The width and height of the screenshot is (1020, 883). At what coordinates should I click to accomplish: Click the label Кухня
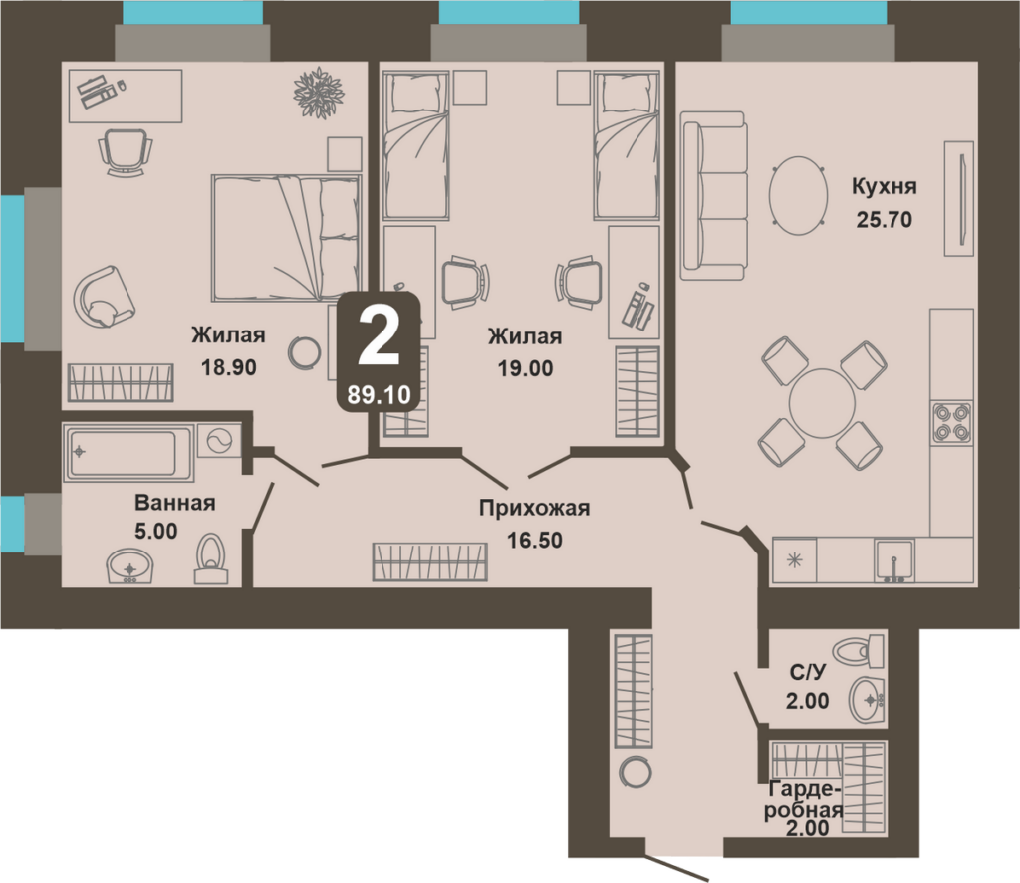coord(885,186)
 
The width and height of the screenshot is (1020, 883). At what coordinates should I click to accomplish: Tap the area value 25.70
coord(885,220)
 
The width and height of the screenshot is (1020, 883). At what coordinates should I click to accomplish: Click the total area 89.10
coord(379,394)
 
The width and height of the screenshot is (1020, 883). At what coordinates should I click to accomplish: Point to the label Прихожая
coord(534,508)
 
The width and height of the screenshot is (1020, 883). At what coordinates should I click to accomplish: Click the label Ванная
coord(175,503)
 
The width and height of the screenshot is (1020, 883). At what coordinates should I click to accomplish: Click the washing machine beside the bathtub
coord(218,442)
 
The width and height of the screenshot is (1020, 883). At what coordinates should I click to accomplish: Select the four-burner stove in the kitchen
coord(951,423)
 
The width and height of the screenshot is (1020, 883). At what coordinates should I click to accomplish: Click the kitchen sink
coord(895,559)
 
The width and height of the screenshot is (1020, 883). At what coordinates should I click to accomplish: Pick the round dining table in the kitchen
coord(821,403)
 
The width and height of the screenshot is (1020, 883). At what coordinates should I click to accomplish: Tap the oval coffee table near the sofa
coord(798,195)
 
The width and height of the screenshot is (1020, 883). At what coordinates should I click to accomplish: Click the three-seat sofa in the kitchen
coord(712,196)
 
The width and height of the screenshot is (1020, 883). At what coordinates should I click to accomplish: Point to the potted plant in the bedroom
coord(319,93)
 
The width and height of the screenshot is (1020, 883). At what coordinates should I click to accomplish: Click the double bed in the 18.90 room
coord(286,238)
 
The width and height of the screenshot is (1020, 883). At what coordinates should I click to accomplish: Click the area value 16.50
coord(535,540)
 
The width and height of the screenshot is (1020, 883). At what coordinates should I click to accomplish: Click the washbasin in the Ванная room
coord(129,566)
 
